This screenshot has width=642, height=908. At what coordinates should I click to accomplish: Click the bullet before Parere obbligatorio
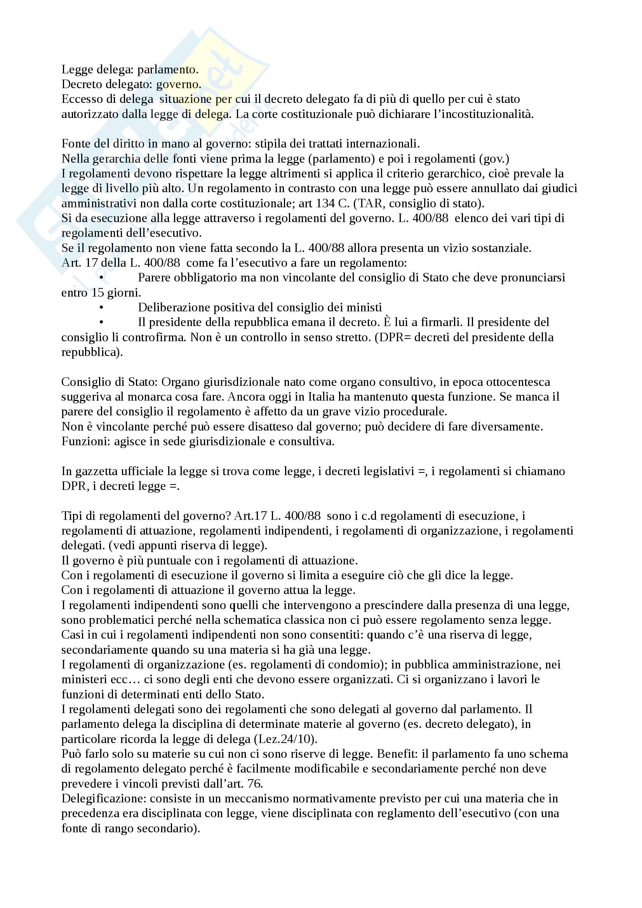pyautogui.click(x=101, y=278)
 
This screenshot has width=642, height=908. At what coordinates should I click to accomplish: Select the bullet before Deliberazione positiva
pyautogui.click(x=101, y=308)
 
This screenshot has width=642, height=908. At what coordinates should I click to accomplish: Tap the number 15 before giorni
pyautogui.click(x=97, y=293)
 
